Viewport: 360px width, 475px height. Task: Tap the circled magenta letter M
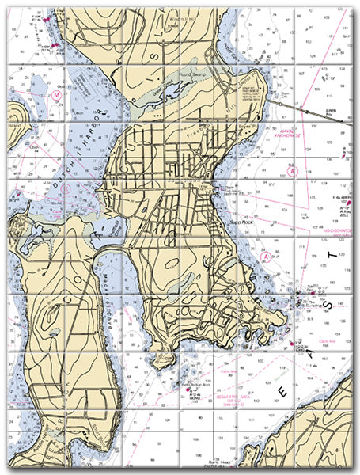tap(57, 95)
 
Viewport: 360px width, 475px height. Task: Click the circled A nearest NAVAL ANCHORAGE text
tap(294, 170)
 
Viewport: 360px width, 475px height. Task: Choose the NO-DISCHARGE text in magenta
tap(340, 234)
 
